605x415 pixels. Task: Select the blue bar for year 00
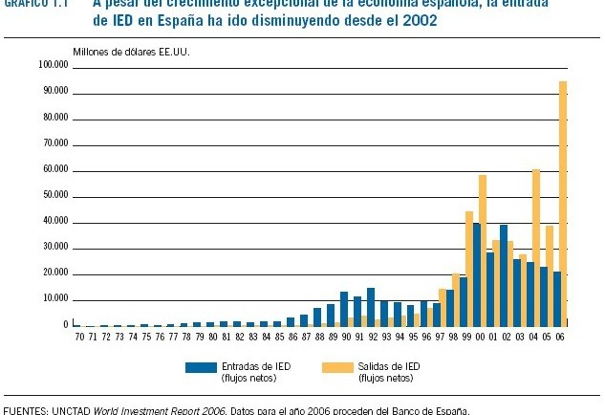(x=476, y=274)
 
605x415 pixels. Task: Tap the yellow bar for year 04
(x=536, y=248)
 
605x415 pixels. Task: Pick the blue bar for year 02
(x=503, y=275)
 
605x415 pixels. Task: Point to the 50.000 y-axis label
(x=54, y=195)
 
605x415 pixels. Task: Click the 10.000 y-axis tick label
(x=54, y=299)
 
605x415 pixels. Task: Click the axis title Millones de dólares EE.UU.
(x=131, y=51)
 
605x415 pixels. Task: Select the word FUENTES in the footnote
(x=26, y=410)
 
